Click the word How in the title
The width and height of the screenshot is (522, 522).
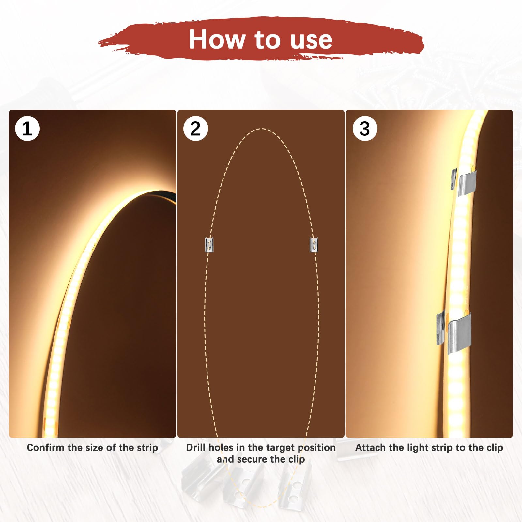click(217, 39)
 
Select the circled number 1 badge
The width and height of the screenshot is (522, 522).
click(27, 129)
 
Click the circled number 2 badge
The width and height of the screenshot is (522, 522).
click(196, 129)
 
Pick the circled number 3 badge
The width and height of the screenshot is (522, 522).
click(365, 129)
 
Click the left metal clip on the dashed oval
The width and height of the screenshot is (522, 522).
click(209, 245)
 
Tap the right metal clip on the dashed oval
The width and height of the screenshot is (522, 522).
click(314, 245)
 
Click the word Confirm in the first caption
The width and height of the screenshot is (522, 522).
click(46, 447)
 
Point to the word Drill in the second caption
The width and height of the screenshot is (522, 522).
click(196, 447)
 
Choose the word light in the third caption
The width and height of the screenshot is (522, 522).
click(417, 448)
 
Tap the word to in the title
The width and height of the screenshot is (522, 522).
click(268, 40)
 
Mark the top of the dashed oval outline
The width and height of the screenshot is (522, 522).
click(262, 129)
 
